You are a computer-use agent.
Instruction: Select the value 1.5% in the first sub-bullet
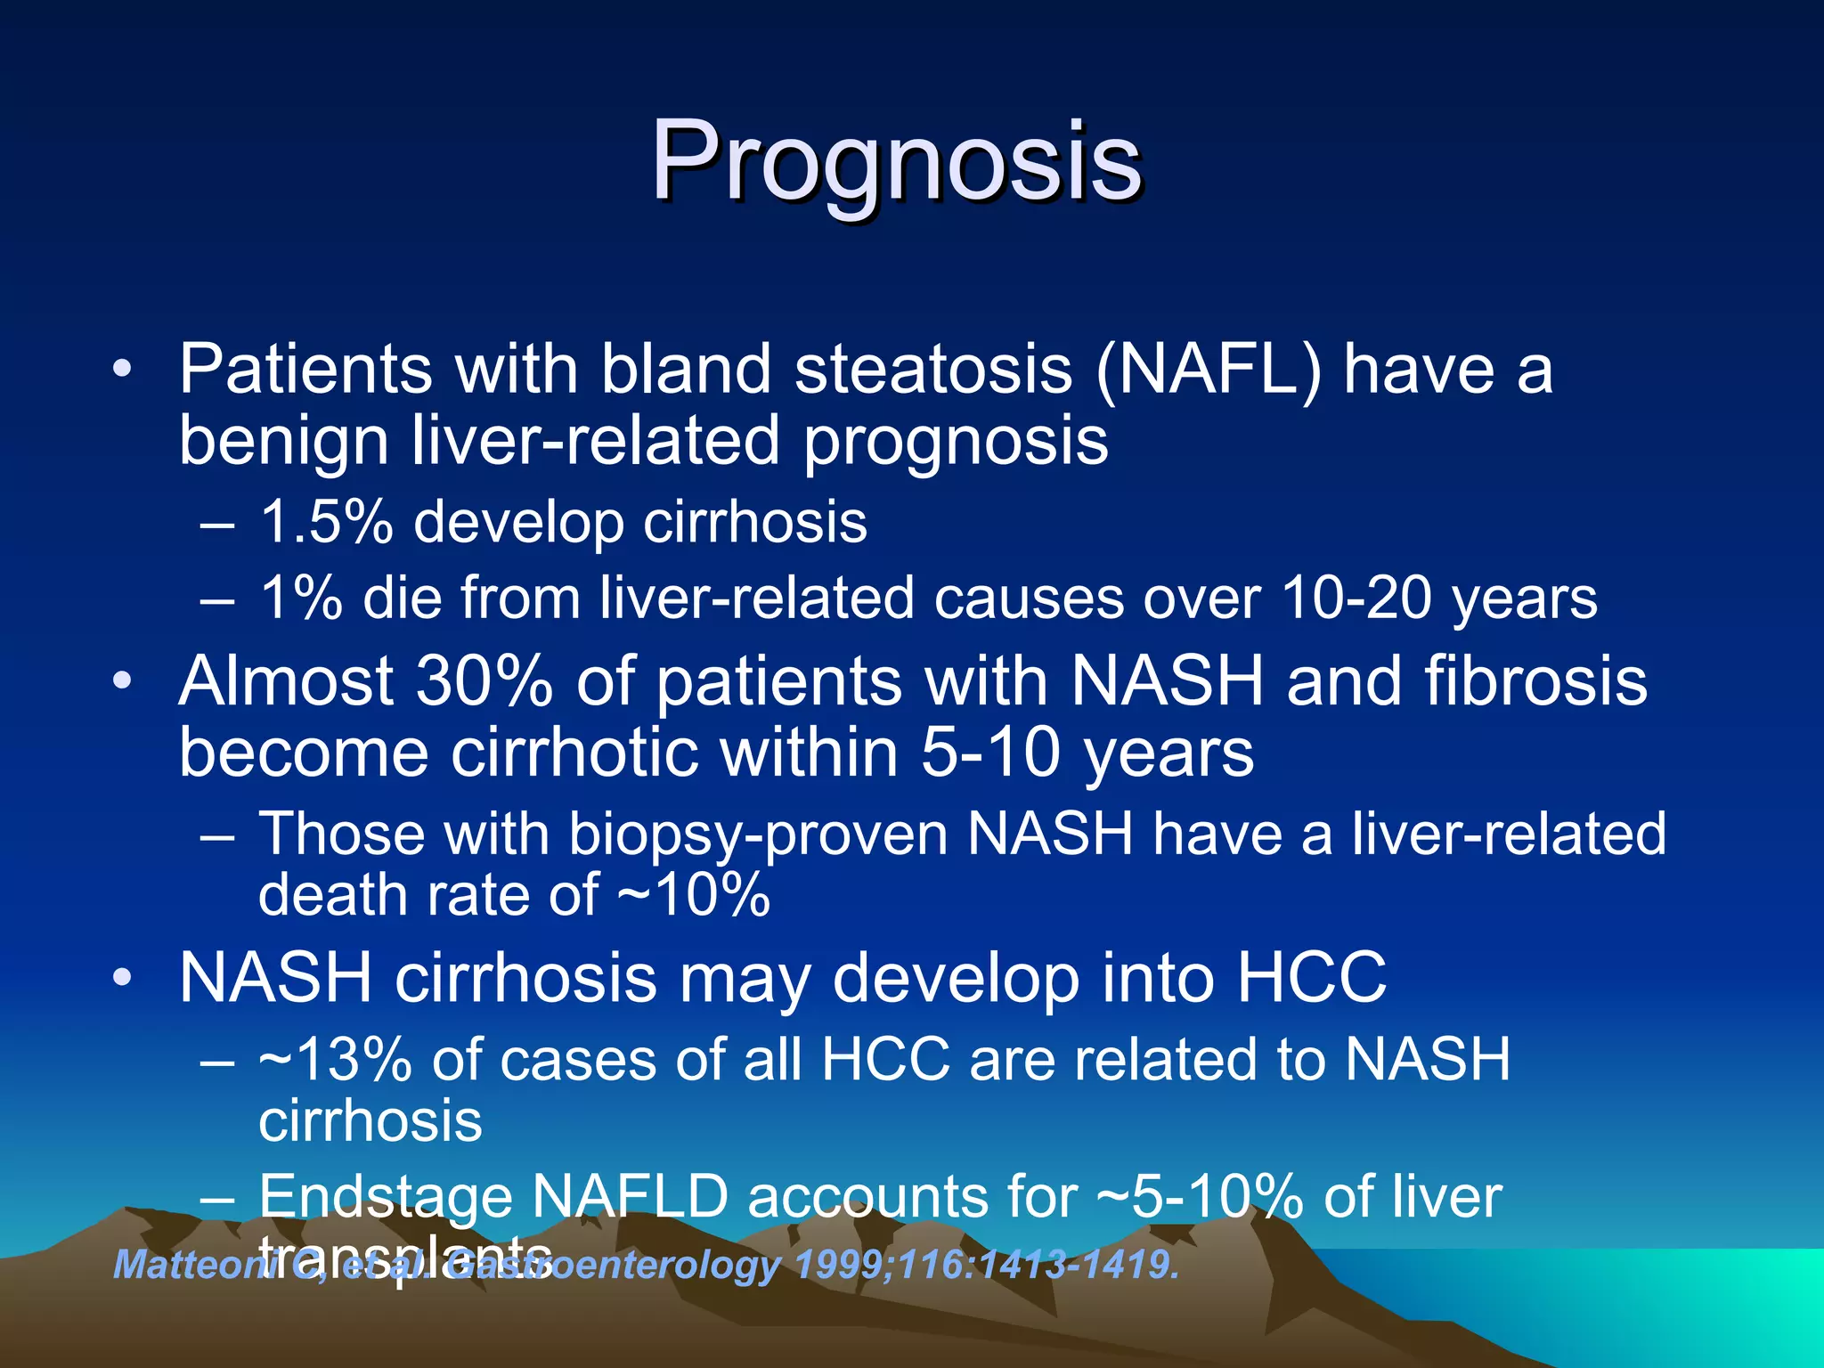[326, 522]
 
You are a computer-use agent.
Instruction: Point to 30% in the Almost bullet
[484, 681]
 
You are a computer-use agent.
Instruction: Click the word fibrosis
[1535, 681]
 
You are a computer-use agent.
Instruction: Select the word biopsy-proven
[757, 835]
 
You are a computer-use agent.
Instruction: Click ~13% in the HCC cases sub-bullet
[335, 1060]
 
